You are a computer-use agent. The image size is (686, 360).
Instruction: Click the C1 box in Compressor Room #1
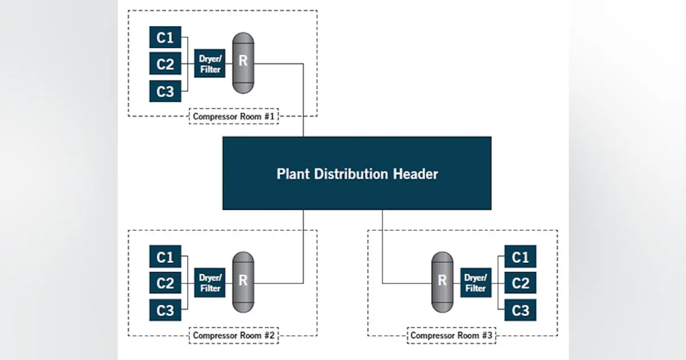tap(165, 38)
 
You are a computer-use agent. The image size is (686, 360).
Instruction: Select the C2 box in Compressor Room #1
tap(165, 64)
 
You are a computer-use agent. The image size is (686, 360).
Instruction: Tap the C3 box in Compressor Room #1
tap(165, 91)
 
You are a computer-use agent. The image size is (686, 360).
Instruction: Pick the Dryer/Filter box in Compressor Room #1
tap(210, 63)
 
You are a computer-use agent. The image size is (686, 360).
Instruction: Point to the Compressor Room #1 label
tap(234, 117)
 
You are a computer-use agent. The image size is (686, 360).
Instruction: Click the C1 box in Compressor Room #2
tap(165, 257)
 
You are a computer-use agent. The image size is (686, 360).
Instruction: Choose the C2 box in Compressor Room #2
tap(165, 283)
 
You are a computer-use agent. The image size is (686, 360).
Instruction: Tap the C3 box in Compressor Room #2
tap(165, 310)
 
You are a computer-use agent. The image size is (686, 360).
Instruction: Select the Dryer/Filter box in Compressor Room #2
tap(210, 283)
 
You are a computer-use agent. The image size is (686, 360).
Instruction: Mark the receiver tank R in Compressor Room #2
tap(243, 282)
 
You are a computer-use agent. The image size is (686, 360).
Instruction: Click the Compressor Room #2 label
tap(234, 335)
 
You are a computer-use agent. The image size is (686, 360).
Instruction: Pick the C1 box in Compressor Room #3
tap(520, 257)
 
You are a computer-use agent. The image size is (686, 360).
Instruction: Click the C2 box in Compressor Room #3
tap(520, 283)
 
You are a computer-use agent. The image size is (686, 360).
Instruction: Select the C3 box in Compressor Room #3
tap(520, 310)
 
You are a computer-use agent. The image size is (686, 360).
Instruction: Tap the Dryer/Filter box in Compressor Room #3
tap(476, 283)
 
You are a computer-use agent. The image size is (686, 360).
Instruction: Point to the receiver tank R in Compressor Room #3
tap(442, 282)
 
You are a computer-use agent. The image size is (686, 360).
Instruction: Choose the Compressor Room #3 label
tap(451, 335)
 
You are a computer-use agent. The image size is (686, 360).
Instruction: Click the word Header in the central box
tap(416, 174)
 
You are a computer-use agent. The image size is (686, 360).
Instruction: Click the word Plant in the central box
tap(292, 174)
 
